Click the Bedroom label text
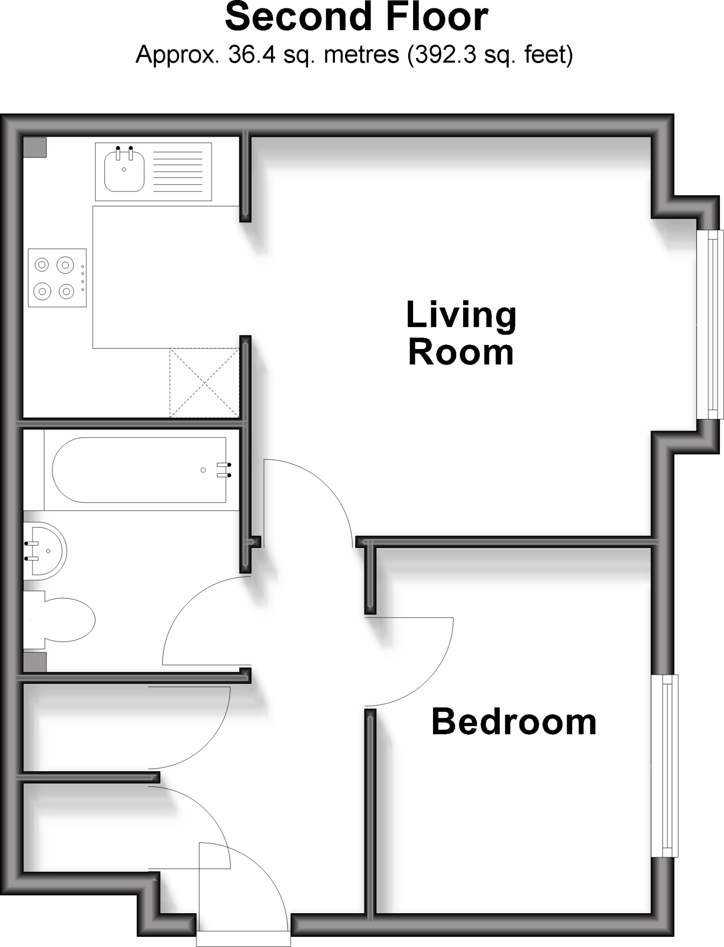pos(514,722)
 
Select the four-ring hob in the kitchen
pos(57,278)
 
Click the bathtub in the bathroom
pos(139,470)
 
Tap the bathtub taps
pos(224,470)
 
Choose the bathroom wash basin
pos(46,551)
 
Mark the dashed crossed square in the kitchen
pos(204,383)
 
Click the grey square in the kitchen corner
pos(35,148)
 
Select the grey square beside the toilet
pos(35,662)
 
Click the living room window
pos(709,325)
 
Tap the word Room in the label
pos(461,354)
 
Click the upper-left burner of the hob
pos(42,265)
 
